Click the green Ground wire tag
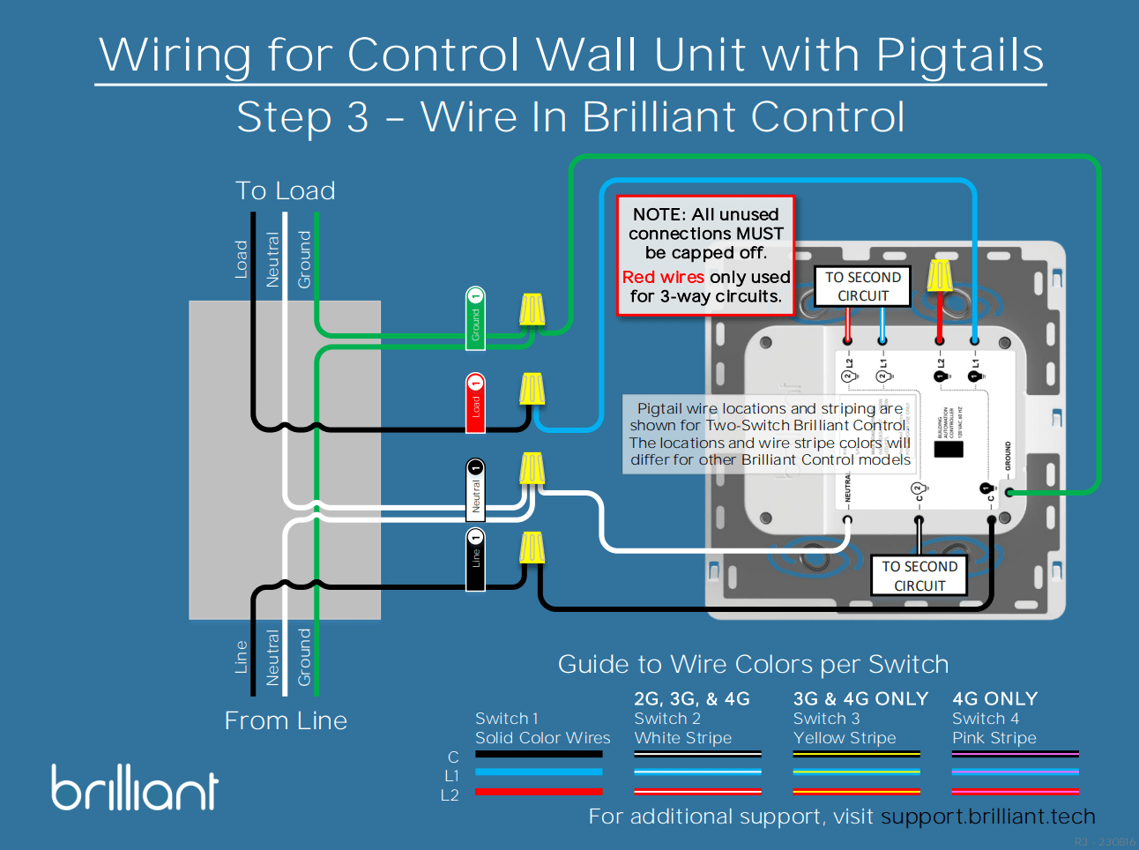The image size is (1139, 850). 475,318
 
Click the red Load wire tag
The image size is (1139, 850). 475,403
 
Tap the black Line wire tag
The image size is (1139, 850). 475,560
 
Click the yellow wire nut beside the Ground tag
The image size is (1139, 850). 532,309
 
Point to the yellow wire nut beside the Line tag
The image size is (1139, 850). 532,548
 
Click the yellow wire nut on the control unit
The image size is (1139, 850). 940,275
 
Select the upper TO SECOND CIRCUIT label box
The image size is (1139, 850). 862,287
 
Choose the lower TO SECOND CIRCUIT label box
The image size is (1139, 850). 919,576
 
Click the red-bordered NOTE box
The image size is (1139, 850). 705,256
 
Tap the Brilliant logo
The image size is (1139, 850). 135,787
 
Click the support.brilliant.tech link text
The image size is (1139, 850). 987,816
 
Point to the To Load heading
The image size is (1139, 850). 285,190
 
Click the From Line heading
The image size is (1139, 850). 286,720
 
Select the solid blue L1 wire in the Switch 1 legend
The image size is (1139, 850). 539,772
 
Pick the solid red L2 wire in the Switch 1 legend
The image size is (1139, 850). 539,791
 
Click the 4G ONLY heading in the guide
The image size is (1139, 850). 994,698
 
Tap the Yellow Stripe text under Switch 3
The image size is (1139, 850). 844,738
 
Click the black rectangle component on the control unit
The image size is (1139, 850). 948,448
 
